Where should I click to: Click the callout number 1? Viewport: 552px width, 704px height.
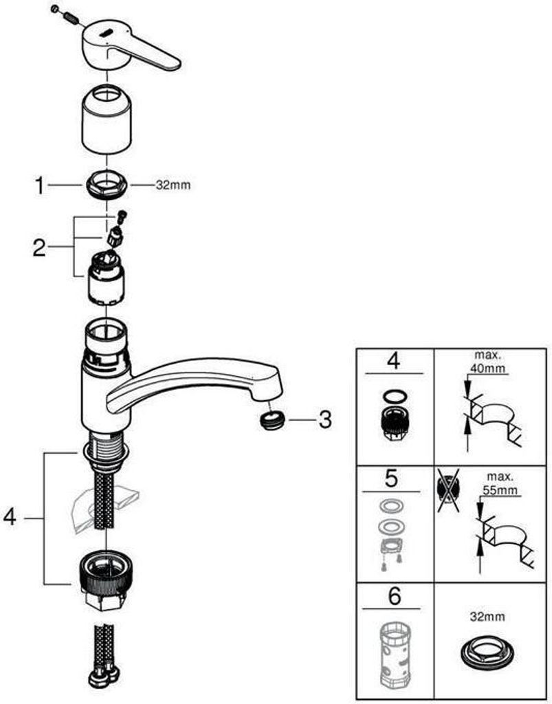[41, 185]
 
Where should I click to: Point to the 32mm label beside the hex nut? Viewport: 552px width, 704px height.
[173, 185]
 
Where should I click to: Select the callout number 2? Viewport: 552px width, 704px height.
[39, 248]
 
